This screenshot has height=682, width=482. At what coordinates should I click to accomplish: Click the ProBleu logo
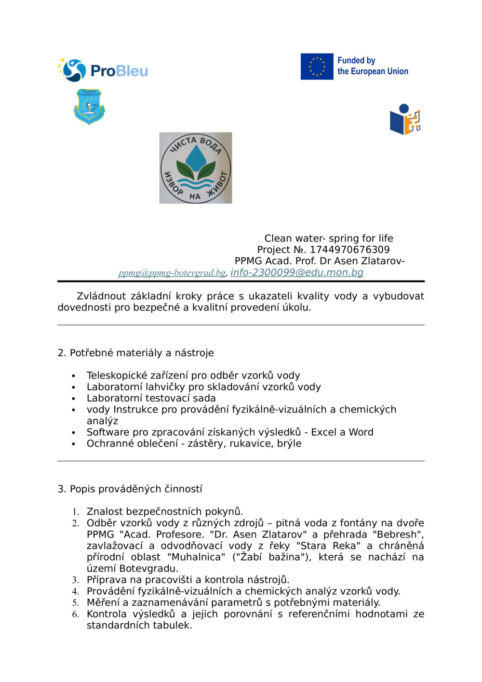coord(103,70)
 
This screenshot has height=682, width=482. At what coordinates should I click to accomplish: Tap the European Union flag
coord(317,67)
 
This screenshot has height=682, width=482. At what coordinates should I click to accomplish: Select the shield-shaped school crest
coord(89,106)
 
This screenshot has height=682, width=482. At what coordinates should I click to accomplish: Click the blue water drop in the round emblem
coord(195,157)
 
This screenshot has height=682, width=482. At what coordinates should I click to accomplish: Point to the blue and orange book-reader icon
coord(405,120)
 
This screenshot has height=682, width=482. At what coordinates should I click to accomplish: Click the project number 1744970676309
coord(349,250)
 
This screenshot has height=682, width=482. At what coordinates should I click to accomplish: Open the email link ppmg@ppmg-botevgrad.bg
coord(172,273)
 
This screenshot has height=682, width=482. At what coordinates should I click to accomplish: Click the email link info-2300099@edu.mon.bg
coord(296,272)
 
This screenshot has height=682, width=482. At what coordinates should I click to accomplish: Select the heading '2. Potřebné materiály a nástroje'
coord(135,353)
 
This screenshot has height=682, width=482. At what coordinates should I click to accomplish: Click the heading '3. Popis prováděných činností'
coord(130,489)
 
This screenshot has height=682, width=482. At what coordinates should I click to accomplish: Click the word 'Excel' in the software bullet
coord(324,432)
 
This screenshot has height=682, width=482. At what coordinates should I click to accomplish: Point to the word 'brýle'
coord(289,443)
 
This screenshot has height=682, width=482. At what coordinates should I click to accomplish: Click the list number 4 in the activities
coord(76,592)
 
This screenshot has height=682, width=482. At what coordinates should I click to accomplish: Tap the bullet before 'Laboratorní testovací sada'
coord(74,399)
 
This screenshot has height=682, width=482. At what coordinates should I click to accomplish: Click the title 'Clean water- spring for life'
coord(328,238)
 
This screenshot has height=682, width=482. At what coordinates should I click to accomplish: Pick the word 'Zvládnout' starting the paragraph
coord(101,296)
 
